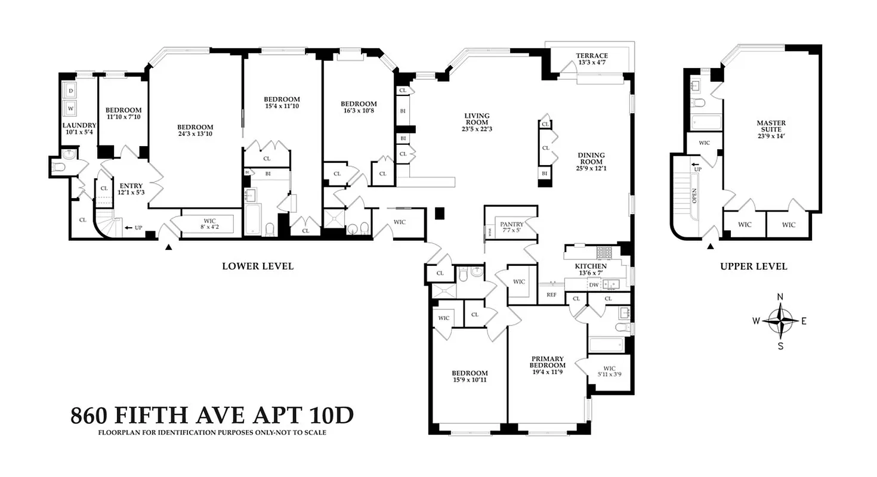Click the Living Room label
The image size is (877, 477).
(477, 119)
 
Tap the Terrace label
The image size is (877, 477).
(592, 55)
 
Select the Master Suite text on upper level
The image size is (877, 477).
(771, 126)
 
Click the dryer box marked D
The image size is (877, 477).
(71, 91)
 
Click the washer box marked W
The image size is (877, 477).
(71, 109)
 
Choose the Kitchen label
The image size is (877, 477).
(591, 266)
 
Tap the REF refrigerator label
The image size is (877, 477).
(552, 295)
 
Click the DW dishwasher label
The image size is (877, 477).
(594, 285)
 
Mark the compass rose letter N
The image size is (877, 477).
(780, 297)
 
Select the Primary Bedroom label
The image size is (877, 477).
(548, 362)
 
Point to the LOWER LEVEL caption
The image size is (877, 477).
(258, 266)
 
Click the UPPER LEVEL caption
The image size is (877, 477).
(754, 266)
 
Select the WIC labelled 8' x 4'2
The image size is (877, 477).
(206, 224)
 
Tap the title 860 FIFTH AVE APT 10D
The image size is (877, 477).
(212, 415)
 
